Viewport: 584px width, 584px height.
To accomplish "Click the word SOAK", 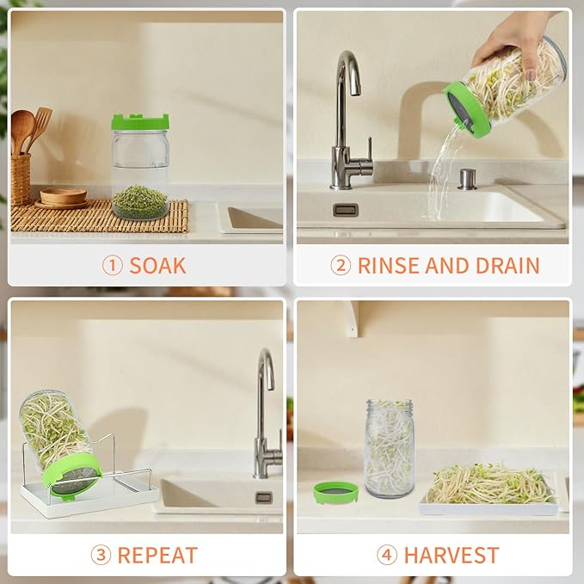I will pyautogui.click(x=157, y=265).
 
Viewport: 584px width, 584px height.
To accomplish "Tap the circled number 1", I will pyautogui.click(x=113, y=265).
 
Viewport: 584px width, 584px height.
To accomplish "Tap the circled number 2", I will pyautogui.click(x=341, y=265).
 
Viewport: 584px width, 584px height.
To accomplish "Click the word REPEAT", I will pyautogui.click(x=157, y=555).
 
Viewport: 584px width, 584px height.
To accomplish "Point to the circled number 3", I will pyautogui.click(x=101, y=555).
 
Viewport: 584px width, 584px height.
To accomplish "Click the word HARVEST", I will pyautogui.click(x=450, y=555).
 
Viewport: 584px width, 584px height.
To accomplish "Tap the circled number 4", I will pyautogui.click(x=387, y=555).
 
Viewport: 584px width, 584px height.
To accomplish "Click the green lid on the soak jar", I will pyautogui.click(x=140, y=122).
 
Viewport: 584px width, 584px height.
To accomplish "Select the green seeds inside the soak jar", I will pyautogui.click(x=140, y=202).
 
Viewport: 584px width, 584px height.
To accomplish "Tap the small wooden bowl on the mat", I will pyautogui.click(x=63, y=196).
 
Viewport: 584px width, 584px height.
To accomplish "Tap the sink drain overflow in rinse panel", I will pyautogui.click(x=345, y=209).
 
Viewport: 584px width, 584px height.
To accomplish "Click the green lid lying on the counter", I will pyautogui.click(x=335, y=493).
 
